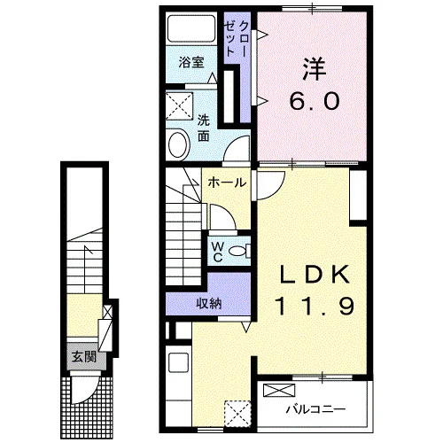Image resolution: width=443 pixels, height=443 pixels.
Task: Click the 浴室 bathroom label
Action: [191, 63]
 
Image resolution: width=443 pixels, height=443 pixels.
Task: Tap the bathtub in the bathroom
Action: [191, 28]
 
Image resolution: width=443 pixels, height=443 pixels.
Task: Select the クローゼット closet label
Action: [235, 39]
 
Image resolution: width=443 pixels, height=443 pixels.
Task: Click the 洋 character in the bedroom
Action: [314, 69]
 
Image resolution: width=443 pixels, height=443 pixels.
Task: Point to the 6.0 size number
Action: [314, 100]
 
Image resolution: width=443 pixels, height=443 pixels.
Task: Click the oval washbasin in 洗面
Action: [178, 145]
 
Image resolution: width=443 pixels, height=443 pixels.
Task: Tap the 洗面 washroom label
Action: [203, 128]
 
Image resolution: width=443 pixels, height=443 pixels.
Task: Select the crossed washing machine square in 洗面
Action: [179, 106]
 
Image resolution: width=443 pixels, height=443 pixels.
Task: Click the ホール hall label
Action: [227, 183]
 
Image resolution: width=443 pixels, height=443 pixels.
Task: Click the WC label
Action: [218, 252]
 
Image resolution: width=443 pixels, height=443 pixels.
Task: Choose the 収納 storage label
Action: [209, 303]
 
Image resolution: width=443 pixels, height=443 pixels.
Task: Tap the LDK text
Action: [315, 276]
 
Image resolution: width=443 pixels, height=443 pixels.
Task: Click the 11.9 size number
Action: [315, 306]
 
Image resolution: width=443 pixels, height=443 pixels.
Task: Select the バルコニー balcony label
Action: [315, 409]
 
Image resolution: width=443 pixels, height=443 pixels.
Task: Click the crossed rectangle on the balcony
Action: [279, 391]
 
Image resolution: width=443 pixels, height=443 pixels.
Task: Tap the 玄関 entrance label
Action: [84, 357]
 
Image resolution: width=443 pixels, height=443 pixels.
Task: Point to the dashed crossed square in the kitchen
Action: [237, 414]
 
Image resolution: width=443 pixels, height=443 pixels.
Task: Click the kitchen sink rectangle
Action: [178, 363]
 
